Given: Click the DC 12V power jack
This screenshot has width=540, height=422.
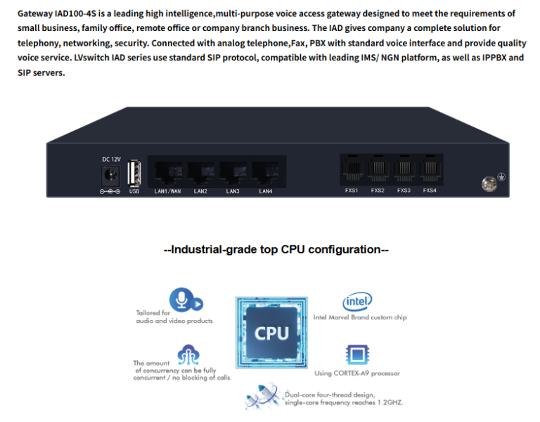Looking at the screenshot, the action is click(110, 176).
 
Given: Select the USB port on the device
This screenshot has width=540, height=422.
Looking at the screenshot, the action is click(134, 172).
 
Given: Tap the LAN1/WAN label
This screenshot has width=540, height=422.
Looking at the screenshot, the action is click(167, 191).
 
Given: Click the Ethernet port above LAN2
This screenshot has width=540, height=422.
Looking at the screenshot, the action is click(202, 172).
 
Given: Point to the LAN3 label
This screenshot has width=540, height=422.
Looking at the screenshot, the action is click(233, 191).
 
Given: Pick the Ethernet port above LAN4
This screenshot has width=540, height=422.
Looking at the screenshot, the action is click(266, 172).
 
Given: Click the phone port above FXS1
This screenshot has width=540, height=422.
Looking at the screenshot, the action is click(352, 169).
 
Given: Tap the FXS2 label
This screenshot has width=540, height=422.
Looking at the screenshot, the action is click(378, 190).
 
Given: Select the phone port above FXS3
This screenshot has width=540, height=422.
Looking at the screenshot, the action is click(404, 169).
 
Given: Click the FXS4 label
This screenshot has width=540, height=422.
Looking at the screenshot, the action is click(430, 190).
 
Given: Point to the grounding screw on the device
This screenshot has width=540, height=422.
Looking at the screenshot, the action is click(489, 184).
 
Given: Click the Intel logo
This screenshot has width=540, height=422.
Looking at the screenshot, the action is click(357, 302).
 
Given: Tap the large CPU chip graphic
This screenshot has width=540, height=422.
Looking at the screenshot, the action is click(271, 333).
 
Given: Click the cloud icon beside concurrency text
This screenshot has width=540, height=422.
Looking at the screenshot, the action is click(188, 354).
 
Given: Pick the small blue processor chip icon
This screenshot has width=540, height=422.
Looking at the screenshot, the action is click(357, 354).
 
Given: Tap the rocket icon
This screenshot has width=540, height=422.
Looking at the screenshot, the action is click(262, 396).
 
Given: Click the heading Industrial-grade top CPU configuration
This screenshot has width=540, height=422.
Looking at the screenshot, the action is click(276, 250).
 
